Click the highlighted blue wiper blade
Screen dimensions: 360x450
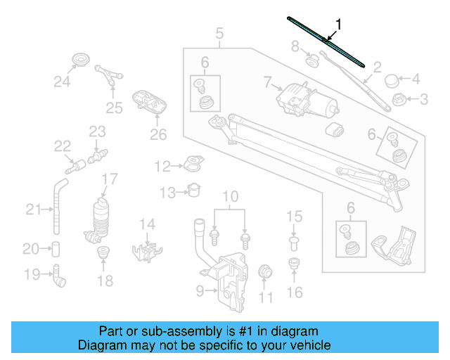pos(328,41)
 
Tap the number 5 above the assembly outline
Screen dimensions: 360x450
pos(219,33)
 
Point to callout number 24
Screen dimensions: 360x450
pos(63,82)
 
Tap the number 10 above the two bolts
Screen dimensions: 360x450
pos(231,196)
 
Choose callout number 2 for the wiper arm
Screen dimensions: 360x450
pos(377,67)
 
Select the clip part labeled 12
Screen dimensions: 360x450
pos(191,167)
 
